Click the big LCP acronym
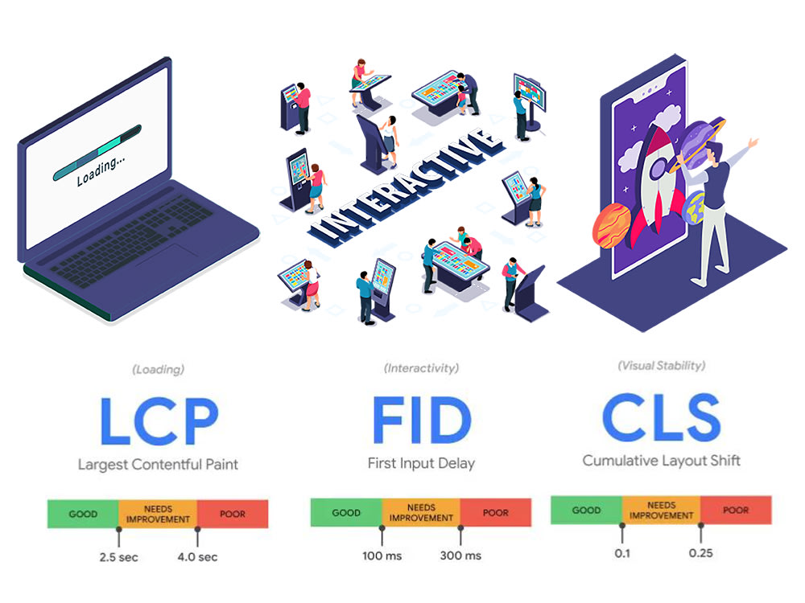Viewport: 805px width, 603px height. click(159, 420)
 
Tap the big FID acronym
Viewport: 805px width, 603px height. click(422, 420)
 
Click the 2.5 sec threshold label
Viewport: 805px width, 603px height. click(118, 557)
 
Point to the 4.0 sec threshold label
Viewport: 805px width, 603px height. click(198, 557)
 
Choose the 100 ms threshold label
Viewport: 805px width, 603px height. click(382, 556)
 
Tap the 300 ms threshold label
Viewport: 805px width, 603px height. click(460, 556)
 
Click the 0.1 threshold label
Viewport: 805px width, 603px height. click(622, 553)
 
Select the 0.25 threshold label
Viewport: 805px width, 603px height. click(701, 553)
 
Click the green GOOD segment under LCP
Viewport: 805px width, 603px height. click(83, 514)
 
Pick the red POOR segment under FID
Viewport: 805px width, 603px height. click(496, 512)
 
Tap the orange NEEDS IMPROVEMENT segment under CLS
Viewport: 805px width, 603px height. click(661, 511)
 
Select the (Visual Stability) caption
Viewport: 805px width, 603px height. click(661, 366)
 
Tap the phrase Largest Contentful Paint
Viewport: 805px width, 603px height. click(158, 465)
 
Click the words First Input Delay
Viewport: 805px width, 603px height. click(422, 464)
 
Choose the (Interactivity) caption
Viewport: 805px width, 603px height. click(422, 368)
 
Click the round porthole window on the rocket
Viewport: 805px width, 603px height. click(659, 169)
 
